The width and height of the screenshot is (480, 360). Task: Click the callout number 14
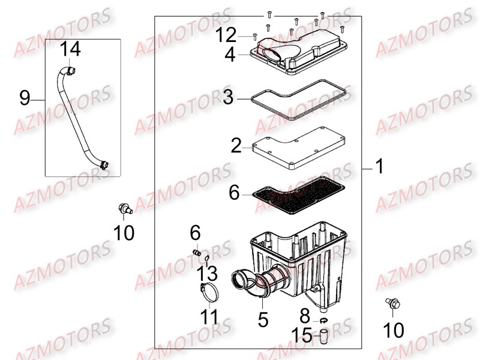[70, 49]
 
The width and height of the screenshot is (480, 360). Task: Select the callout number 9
[25, 98]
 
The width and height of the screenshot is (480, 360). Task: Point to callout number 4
[230, 55]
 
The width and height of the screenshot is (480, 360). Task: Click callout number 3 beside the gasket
[227, 97]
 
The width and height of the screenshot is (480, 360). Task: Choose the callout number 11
[209, 316]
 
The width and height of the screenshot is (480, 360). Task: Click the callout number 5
[263, 319]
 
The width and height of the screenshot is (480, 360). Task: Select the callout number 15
[302, 335]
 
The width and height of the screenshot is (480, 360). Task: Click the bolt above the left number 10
[124, 209]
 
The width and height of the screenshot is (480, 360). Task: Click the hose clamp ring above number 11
[209, 294]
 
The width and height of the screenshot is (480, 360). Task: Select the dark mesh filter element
[297, 199]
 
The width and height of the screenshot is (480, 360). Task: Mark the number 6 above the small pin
[195, 232]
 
